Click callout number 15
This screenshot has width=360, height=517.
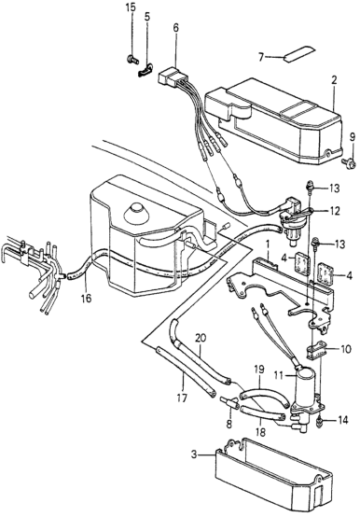pos(132,7)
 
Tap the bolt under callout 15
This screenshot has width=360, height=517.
pos(132,60)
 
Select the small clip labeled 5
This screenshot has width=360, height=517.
pos(145,70)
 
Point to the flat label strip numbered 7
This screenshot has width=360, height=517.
pos(299,53)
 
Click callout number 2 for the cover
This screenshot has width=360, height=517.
pos(334,81)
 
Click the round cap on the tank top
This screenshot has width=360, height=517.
pos(135,211)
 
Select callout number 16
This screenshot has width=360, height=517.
pos(87,299)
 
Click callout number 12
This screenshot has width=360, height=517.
pos(335,211)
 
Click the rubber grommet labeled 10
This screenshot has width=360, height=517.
pos(315,352)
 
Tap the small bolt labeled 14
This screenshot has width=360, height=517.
pos(320,422)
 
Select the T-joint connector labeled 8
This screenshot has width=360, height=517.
pos(229,402)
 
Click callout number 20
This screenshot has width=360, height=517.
pos(200,339)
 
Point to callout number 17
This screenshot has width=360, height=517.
pos(182,398)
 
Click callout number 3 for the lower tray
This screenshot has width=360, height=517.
pos(194,454)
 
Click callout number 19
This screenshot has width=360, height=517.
pos(259,369)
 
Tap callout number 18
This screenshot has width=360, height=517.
pos(260,432)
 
